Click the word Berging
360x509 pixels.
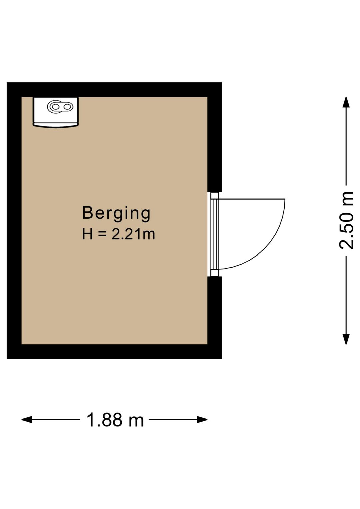tap(116, 213)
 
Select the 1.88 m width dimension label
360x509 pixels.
tap(115, 420)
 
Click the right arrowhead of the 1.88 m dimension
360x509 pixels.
tap(202, 420)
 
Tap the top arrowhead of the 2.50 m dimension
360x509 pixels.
tap(346, 102)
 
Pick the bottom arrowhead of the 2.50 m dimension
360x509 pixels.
tap(346, 339)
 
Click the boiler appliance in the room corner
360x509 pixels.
tap(56, 112)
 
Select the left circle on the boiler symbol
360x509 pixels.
tap(55, 107)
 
